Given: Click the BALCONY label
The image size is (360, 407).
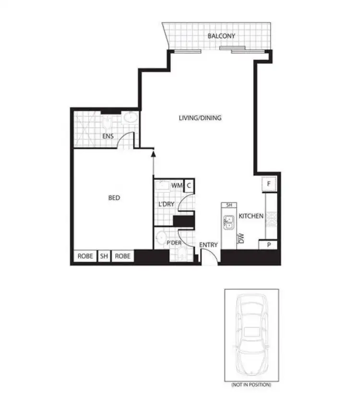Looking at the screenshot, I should (221, 36).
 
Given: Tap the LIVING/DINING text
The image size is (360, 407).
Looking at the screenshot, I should (200, 118).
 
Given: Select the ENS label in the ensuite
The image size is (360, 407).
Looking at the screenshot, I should (108, 136).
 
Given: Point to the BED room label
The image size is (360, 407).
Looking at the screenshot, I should (114, 198).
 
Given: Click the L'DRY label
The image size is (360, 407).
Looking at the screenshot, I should (166, 204).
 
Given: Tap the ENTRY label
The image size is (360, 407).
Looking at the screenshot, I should (209, 245).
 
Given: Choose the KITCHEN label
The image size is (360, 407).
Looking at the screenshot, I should (251, 216).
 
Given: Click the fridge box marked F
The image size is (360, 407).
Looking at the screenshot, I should (269, 183).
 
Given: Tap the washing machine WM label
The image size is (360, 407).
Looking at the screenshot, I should (176, 185).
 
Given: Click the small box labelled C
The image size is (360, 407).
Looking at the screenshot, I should (189, 185).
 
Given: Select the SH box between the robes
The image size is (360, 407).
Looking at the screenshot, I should (104, 256).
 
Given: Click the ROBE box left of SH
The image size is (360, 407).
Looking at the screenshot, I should (85, 256).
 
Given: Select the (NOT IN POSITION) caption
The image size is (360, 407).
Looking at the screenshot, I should (251, 384).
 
